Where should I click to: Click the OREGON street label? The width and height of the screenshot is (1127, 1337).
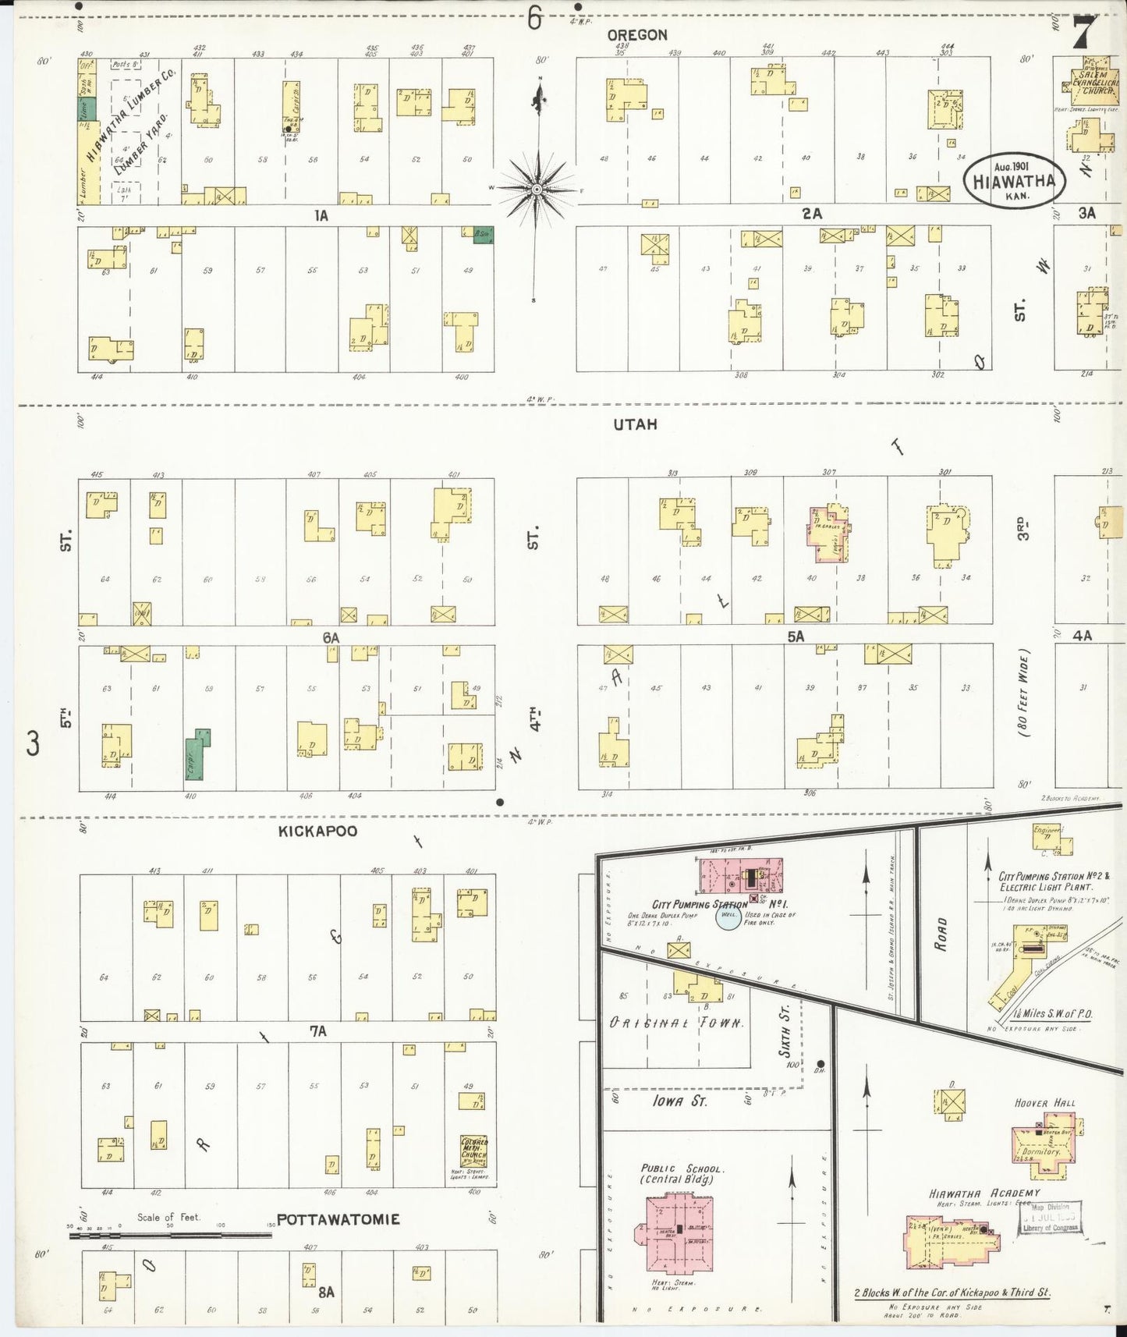637,35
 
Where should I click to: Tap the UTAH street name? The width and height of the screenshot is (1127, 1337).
635,424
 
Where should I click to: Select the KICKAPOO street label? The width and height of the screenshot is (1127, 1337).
317,832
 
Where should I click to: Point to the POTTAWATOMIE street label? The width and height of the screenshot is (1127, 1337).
338,1219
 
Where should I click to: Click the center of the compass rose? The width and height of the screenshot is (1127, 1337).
537,190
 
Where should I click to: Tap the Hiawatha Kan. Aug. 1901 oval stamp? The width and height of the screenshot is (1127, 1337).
1014,181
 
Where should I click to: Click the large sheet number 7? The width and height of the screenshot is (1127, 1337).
1085,33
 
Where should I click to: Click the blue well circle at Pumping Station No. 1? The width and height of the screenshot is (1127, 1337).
728,917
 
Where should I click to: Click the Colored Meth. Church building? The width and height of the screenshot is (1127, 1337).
473,1150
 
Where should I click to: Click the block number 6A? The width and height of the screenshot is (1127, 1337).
331,638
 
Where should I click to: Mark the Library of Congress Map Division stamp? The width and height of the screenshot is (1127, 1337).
1050,1217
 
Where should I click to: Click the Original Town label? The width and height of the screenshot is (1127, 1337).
676,1023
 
